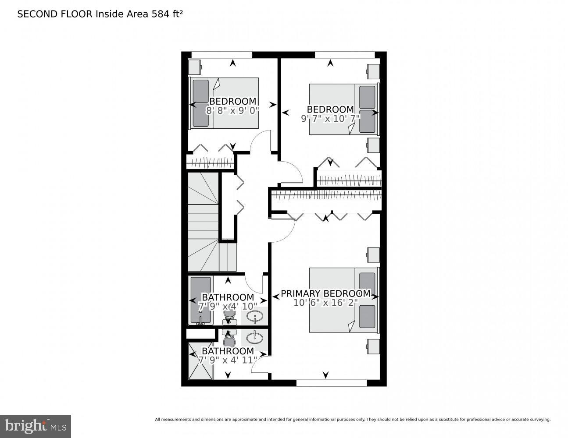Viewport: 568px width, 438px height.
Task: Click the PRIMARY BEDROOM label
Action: coord(325,293)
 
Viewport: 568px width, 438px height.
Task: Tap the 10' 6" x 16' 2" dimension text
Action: coord(325,303)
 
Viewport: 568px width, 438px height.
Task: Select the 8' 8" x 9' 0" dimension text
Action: coord(232,111)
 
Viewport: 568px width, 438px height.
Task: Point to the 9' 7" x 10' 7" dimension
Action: coord(330,119)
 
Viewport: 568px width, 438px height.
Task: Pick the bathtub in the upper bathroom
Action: coord(200,300)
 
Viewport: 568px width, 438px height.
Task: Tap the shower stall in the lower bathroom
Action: coord(200,360)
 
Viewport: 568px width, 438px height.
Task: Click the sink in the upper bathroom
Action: coord(254,315)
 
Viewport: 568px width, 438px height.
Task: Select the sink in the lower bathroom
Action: coord(254,338)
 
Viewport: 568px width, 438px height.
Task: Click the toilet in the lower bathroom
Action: coord(229,339)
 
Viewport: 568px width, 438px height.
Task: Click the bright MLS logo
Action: coord(36,426)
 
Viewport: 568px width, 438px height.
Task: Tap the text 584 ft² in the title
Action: coord(167,14)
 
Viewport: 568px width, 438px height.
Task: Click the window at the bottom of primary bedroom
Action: coord(331,383)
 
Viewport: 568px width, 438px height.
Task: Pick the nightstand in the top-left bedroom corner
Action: coord(194,67)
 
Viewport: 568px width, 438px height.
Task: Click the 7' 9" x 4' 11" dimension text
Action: coord(228,360)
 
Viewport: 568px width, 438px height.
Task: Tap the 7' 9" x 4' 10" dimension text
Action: coord(228,307)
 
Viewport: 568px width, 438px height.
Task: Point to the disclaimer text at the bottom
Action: coord(352,420)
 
